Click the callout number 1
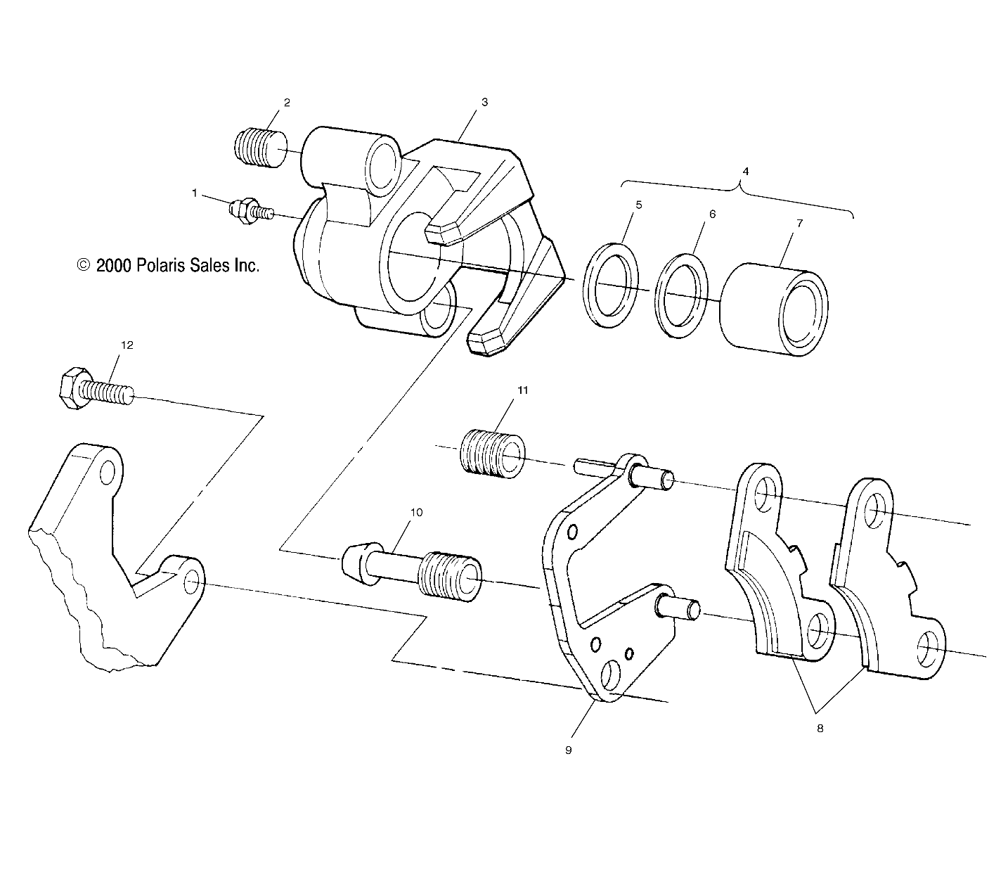[195, 193]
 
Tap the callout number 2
[287, 103]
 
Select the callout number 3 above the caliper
[484, 102]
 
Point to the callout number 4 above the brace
[745, 172]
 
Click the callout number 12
[127, 345]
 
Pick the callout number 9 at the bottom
[568, 750]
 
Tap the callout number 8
[820, 728]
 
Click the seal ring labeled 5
[611, 286]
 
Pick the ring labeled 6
[681, 295]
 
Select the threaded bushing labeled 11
[493, 454]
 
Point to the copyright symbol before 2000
[84, 264]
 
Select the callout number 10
[416, 512]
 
